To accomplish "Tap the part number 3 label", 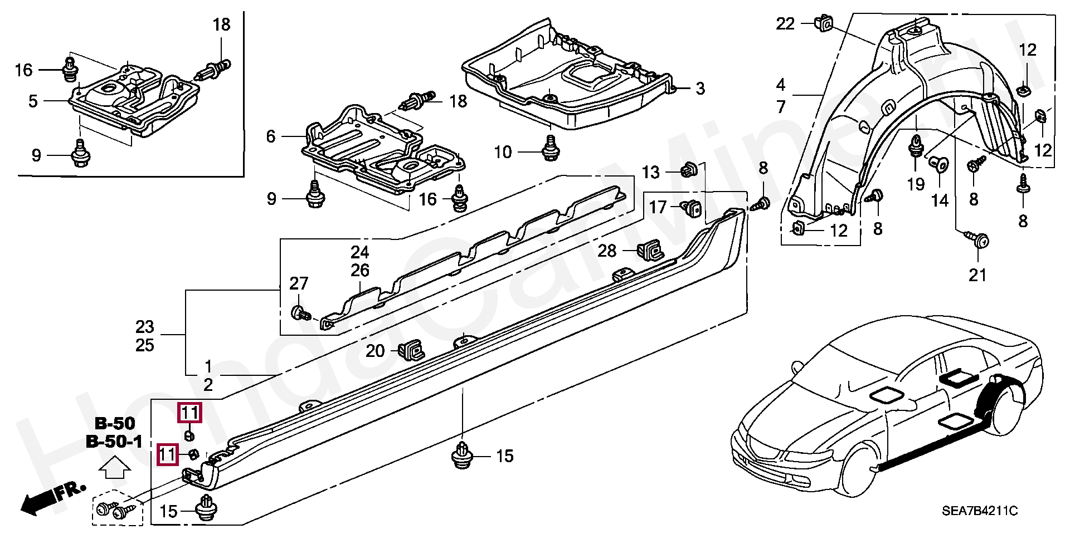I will coord(700,89).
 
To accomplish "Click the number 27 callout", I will coord(299,283).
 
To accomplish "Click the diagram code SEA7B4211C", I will coord(979,510).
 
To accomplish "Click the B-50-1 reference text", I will coord(114,442).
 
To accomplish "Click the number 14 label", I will coord(940,200).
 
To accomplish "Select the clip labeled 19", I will coord(916,145).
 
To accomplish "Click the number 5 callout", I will coord(33,101).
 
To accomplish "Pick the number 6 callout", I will coord(271,136).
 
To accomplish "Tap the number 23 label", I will coord(144,326).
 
